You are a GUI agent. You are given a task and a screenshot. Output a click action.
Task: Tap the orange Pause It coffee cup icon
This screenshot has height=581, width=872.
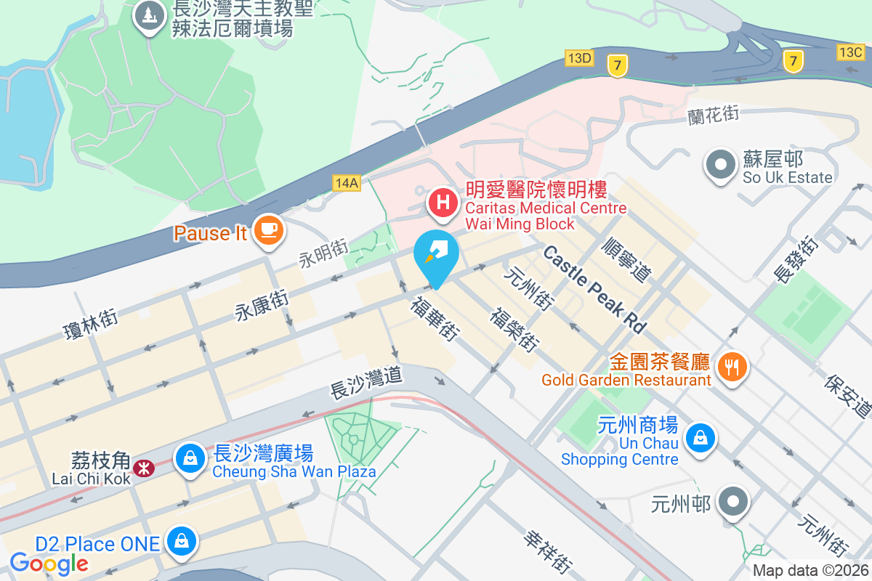tap(268, 230)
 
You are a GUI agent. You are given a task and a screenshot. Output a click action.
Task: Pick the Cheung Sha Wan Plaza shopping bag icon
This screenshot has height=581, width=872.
tap(190, 458)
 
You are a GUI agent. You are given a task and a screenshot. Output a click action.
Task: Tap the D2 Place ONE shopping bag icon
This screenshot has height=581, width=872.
tap(178, 540)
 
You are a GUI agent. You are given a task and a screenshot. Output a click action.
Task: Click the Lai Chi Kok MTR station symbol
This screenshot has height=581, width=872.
tap(144, 468)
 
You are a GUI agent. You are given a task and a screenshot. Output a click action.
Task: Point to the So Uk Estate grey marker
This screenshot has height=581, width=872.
tap(721, 165)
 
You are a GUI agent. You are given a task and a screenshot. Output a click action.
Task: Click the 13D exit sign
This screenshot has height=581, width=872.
tap(579, 57)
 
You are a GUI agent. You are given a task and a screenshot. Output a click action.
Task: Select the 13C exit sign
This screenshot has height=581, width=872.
tap(850, 52)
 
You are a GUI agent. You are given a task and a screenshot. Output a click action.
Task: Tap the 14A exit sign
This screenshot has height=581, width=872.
tap(347, 182)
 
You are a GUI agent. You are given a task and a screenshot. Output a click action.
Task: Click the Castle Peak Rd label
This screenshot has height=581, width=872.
tap(594, 289)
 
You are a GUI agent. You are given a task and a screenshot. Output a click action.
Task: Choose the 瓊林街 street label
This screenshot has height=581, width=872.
tap(91, 324)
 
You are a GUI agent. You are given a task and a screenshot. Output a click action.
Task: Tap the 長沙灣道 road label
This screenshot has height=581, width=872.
tap(366, 383)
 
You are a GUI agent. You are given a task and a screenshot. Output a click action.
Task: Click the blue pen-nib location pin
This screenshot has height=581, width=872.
tap(436, 256)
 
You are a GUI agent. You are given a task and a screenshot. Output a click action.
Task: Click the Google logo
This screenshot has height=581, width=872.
tap(49, 564)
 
